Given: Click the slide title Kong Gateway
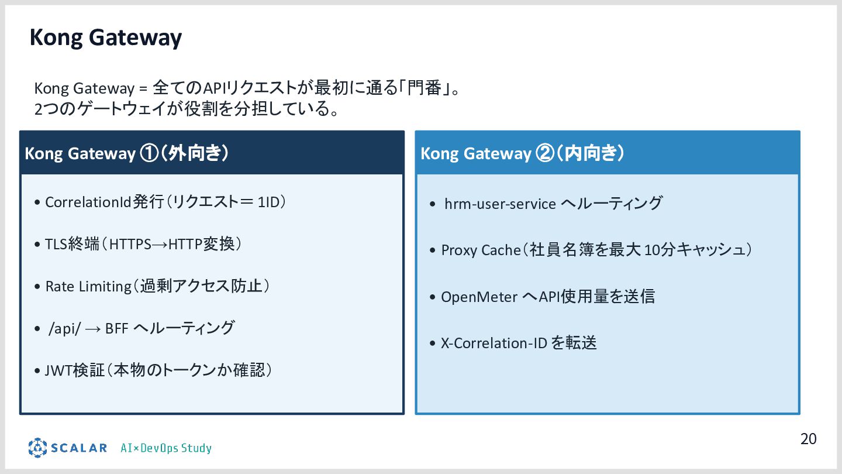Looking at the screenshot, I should click(106, 38).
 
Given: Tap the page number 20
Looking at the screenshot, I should click(808, 439).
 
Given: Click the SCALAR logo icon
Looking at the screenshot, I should click(37, 448).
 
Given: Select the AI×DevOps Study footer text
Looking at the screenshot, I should click(166, 448).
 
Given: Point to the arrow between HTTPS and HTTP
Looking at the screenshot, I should click(160, 245).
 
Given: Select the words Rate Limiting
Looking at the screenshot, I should click(88, 286).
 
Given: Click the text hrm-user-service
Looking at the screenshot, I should click(500, 204).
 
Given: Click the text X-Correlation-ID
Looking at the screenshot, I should click(494, 343).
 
